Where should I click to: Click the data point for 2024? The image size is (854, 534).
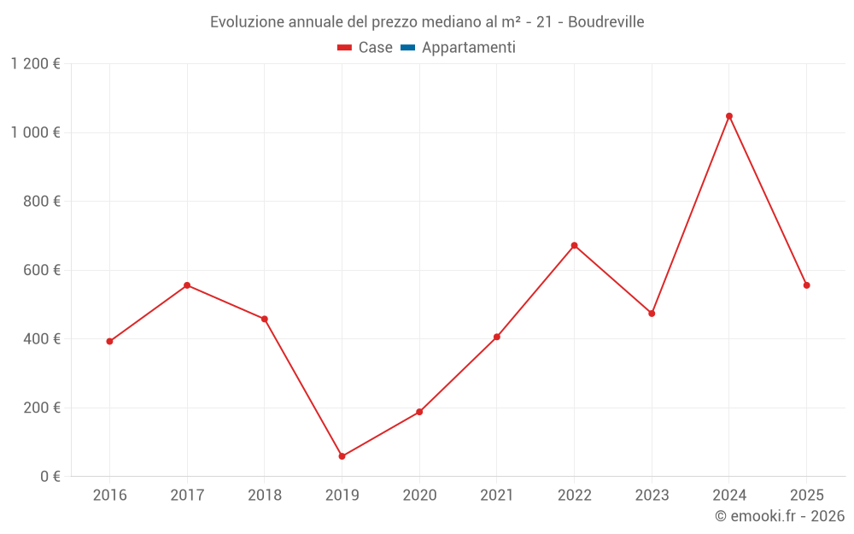tap(729, 116)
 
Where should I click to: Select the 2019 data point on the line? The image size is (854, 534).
tap(342, 456)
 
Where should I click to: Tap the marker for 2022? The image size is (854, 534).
tap(574, 245)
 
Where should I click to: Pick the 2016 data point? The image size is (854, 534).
tap(109, 341)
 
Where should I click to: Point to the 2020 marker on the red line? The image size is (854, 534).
tap(419, 412)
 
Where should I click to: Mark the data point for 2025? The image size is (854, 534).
tap(806, 285)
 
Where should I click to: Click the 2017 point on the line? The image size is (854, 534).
tap(187, 285)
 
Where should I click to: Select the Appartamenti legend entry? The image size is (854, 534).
tap(468, 48)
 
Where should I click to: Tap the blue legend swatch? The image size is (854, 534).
tap(407, 48)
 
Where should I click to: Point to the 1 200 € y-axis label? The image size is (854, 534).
tap(35, 64)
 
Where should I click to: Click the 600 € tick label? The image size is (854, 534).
tap(44, 270)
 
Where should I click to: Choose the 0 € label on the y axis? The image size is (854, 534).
tap(50, 477)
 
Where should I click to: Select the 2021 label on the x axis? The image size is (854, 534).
tap(497, 496)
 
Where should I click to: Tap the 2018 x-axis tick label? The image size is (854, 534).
tap(265, 496)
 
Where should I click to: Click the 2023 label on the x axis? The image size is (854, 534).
tap(652, 496)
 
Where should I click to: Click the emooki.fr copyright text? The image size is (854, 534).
tap(780, 516)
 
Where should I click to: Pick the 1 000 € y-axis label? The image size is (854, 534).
tap(35, 132)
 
